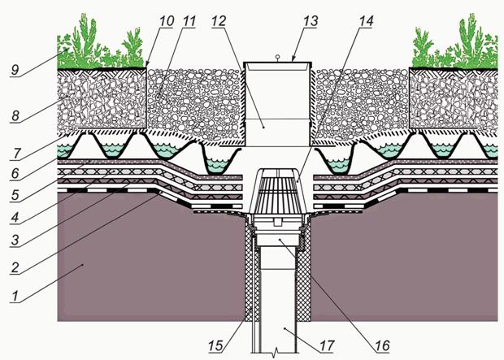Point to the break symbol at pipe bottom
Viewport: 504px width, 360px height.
276,355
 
